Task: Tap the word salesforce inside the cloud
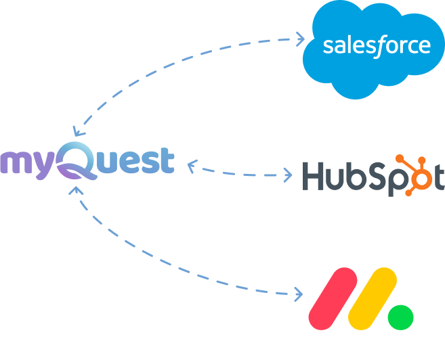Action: pyautogui.click(x=377, y=46)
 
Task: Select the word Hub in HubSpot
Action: pyautogui.click(x=331, y=176)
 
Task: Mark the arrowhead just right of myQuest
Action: pyautogui.click(x=192, y=164)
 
